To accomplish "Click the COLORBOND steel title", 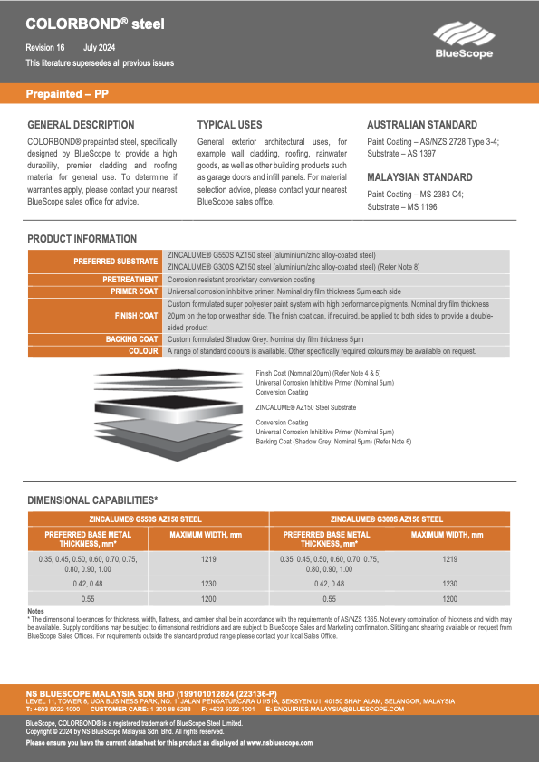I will pos(95,24).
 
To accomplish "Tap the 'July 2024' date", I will pos(100,47).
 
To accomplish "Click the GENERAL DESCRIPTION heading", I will pos(81,125).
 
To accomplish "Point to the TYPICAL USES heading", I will pos(230,125).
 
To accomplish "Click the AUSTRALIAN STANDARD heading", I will pos(421,125).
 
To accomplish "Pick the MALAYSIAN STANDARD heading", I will pos(419,177).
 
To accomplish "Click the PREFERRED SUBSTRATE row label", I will pos(115,262).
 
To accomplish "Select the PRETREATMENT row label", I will pos(130,280).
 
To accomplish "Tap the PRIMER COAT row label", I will pos(133,292).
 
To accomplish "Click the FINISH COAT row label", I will pos(136,316).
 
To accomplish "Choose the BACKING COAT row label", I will pos(131,338).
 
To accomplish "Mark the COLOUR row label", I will pos(143,350).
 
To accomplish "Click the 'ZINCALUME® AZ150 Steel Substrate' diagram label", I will pos(307,408).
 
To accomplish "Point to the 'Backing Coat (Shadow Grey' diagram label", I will pos(332,441).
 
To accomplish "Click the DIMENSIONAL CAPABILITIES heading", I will pos(93,500).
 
